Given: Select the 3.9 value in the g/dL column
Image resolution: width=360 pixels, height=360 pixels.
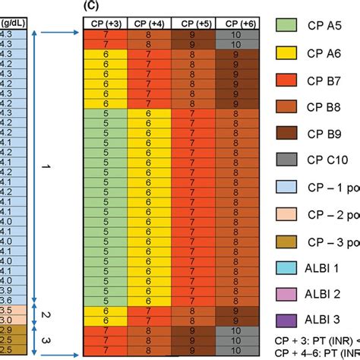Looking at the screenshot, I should pos(5,290).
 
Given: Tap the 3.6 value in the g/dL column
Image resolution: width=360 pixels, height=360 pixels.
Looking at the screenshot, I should pos(5,300).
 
